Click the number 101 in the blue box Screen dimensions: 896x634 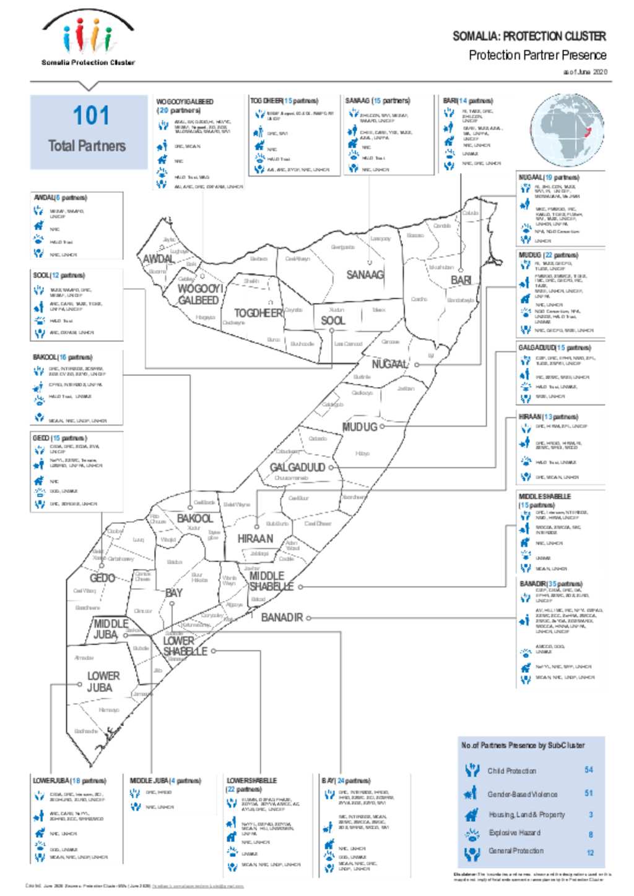[90, 116]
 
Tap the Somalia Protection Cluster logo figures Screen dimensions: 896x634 [88, 36]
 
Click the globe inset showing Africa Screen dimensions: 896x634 [567, 132]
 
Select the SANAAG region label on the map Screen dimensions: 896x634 [365, 275]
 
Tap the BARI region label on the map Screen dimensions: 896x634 [461, 280]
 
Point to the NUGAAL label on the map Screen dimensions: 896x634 [389, 364]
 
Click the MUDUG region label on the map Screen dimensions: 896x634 [359, 427]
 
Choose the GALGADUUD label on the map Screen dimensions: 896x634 [297, 467]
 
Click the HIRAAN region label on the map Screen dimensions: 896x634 [255, 539]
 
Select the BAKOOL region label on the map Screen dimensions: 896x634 [194, 518]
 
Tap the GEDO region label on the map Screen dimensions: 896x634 [102, 578]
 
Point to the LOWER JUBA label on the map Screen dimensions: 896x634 [103, 681]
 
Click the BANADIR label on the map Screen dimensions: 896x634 [282, 617]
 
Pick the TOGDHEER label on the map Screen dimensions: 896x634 [258, 313]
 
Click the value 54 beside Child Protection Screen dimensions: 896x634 [588, 770]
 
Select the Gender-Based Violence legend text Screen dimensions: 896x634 [522, 794]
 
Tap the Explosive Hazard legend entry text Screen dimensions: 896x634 [514, 833]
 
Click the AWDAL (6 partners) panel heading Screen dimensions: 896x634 [60, 198]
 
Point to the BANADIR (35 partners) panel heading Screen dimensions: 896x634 [550, 584]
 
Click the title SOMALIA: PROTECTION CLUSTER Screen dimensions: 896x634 [529, 36]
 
